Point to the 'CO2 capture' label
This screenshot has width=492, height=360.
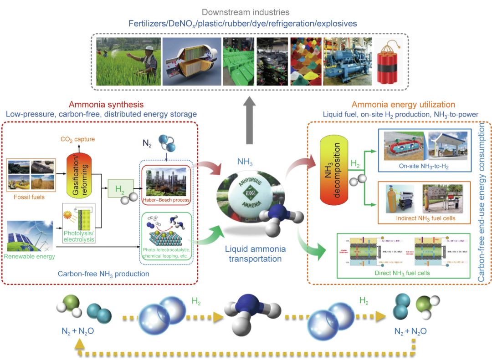click(x=77, y=139)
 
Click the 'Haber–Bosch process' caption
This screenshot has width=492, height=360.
click(x=166, y=199)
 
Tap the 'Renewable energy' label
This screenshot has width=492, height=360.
click(x=30, y=256)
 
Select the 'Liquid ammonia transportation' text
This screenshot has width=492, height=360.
click(x=255, y=254)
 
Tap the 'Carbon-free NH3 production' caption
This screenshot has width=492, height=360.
click(x=103, y=274)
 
